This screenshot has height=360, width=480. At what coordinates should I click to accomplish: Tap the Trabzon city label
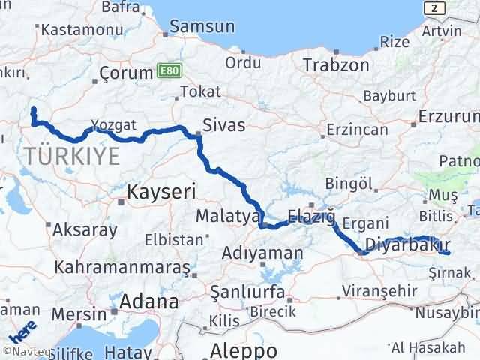point(336,65)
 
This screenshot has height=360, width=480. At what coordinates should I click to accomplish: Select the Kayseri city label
point(161,192)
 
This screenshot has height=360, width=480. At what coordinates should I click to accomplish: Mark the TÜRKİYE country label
point(72,156)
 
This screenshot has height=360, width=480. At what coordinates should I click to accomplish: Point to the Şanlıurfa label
point(250,289)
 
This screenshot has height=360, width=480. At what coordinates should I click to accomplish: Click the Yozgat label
point(113,124)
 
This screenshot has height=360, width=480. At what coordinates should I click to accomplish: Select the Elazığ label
point(309,217)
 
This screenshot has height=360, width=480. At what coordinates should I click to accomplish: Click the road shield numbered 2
point(432,7)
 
